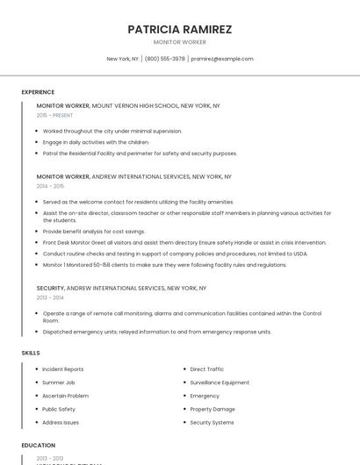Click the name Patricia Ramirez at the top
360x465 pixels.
tap(179, 29)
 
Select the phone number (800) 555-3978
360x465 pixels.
tap(165, 59)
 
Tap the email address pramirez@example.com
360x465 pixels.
tap(222, 59)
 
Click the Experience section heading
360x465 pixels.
tap(38, 92)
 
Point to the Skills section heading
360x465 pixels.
tap(31, 353)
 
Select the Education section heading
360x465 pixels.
tap(39, 446)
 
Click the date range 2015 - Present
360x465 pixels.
tap(54, 115)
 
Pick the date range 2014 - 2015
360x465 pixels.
tap(50, 186)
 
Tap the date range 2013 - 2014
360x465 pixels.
tap(50, 297)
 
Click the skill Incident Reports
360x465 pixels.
tap(63, 369)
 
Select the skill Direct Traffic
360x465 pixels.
tap(207, 369)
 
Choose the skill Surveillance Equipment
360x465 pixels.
tap(220, 383)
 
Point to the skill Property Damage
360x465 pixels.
tap(212, 409)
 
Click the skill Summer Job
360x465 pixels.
tap(59, 383)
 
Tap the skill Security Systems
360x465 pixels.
tap(212, 422)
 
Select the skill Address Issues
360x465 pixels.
tap(61, 422)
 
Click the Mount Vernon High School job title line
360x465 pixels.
tap(128, 105)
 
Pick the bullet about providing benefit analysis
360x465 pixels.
tap(94, 232)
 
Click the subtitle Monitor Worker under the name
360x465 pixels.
tap(179, 42)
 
